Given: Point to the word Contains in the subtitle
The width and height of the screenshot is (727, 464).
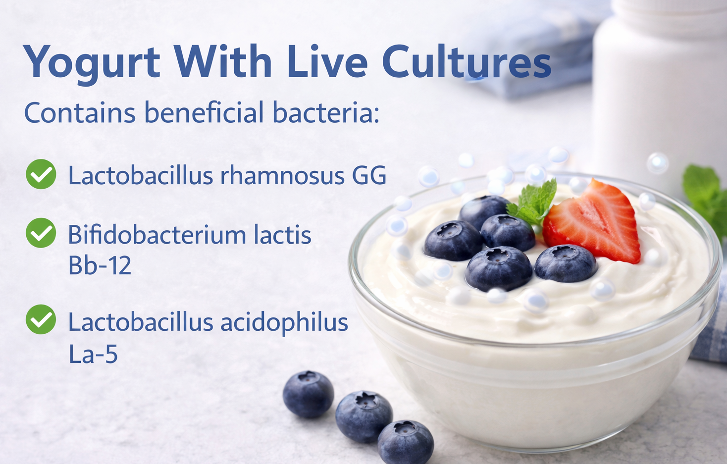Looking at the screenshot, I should pos(80,112).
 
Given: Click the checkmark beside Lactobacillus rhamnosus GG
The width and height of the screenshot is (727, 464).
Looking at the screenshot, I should pos(41,174).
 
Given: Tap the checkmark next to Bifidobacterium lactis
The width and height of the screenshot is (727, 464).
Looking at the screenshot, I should pos(41,233).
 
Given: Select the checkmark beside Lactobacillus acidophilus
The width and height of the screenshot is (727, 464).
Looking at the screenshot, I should pos(41,319).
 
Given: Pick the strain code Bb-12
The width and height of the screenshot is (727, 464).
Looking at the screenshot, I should pos(100,266).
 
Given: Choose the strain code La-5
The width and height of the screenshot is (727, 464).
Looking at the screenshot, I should pos(93,354).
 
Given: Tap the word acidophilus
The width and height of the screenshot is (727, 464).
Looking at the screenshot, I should pos(284,322).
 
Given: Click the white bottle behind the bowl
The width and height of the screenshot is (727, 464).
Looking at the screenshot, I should pos(659,89).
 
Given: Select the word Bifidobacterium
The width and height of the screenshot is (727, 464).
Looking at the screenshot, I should pos(156,235).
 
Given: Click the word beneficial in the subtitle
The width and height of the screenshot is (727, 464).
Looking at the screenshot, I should pos(204,112).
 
